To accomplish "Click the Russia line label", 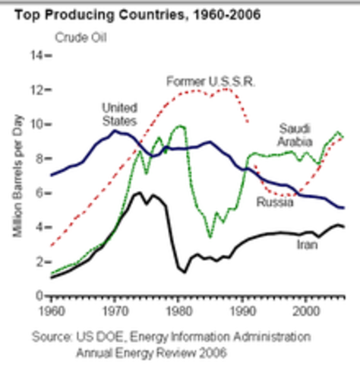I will click(x=273, y=202).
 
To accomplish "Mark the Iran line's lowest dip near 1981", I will click(x=183, y=271).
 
